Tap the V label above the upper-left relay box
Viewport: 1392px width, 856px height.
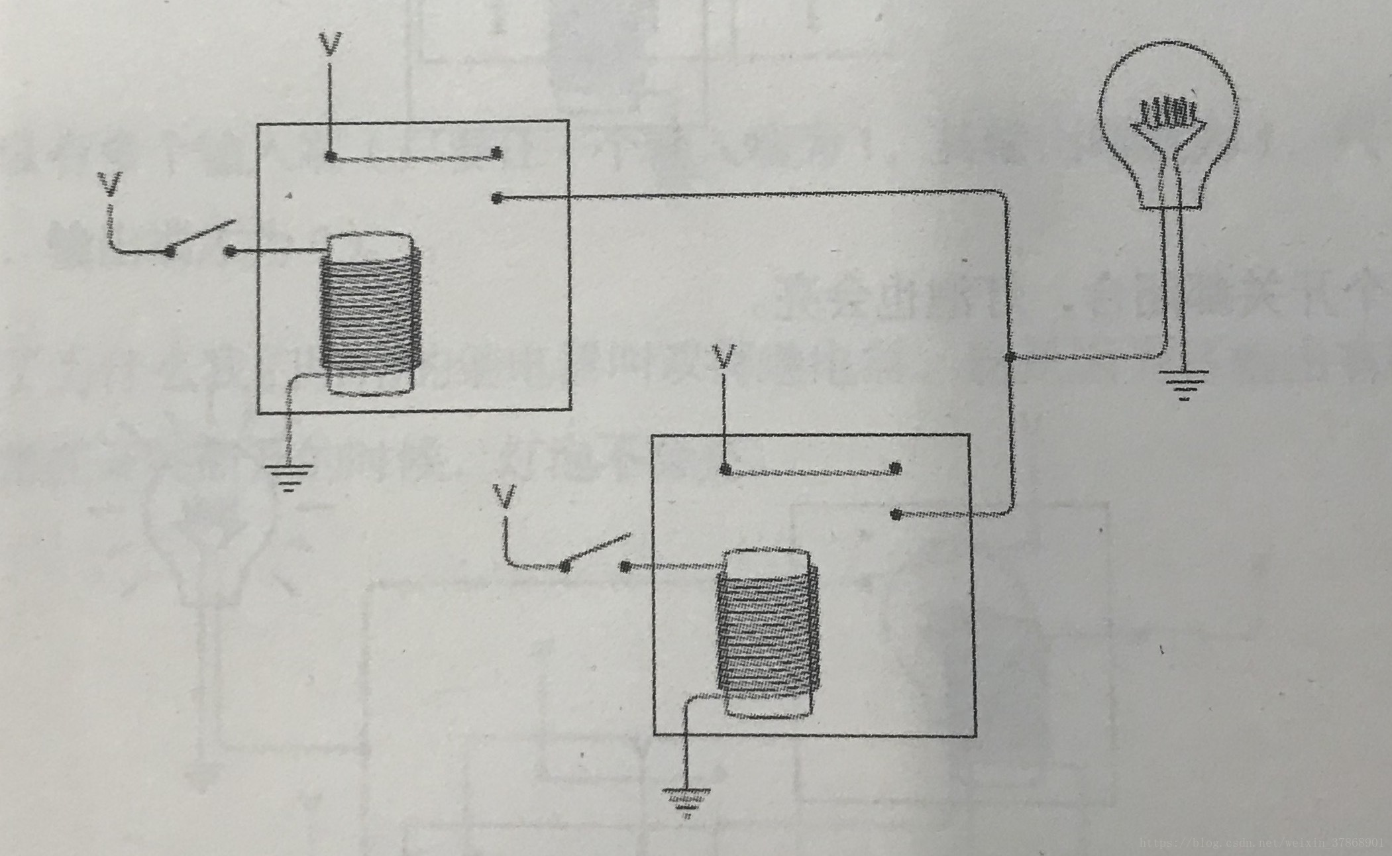click(330, 44)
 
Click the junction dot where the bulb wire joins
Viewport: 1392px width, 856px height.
click(1010, 358)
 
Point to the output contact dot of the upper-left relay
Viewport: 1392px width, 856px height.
click(498, 197)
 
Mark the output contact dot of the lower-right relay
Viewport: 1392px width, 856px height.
click(896, 515)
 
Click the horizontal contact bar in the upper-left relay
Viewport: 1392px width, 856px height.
click(413, 157)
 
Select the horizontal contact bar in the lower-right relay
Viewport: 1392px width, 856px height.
click(810, 471)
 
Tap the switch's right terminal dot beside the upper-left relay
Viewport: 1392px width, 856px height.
click(230, 251)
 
